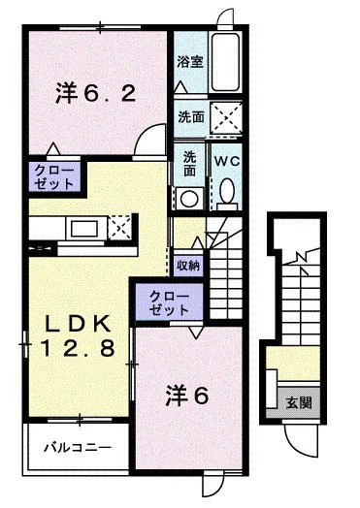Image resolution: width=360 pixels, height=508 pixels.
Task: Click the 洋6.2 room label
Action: (96, 92)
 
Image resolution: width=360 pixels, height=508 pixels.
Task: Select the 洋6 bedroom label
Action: (187, 396)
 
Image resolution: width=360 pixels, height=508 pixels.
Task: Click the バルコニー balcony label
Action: (78, 448)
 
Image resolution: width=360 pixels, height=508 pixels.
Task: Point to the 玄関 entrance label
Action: (299, 403)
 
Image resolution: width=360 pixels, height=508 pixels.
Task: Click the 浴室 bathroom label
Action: (190, 61)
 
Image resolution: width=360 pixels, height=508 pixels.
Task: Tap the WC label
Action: (227, 161)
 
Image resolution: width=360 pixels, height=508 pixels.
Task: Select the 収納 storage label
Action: (188, 266)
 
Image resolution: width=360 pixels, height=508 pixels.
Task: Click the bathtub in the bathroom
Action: (226, 61)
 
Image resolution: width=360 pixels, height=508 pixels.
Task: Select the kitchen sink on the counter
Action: (86, 228)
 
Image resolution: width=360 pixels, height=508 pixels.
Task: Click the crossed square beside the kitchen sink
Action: (119, 228)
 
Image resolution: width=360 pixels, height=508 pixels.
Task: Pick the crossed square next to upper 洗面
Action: (226, 117)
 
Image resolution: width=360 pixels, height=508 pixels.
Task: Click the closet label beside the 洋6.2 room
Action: (54, 177)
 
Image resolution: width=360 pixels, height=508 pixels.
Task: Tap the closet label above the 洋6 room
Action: (169, 303)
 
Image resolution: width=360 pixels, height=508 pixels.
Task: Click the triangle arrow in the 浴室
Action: (180, 87)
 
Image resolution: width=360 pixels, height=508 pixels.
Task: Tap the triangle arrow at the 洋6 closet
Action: (196, 333)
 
